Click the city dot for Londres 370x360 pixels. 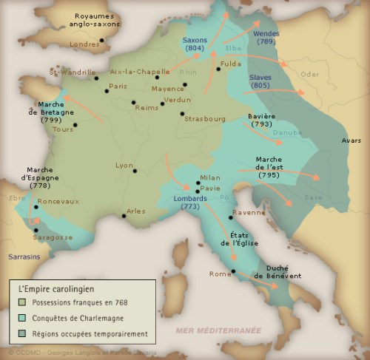[x=101, y=41]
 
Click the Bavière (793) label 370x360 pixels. [x=261, y=121]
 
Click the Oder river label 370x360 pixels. [x=309, y=74]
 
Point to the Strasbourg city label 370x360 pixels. [x=205, y=118]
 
